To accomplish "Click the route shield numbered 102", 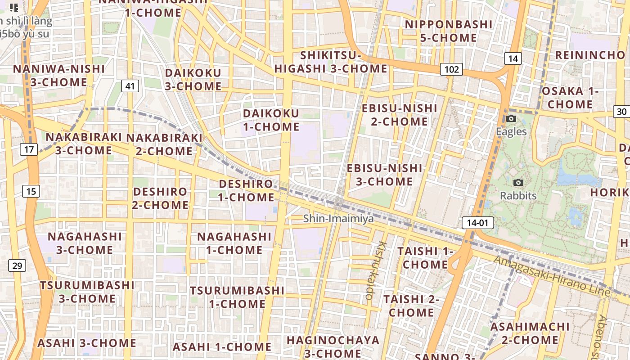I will click(x=451, y=69).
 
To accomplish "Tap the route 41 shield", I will click(x=130, y=86).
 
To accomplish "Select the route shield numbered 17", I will click(x=29, y=149).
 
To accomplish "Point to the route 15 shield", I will click(x=31, y=191).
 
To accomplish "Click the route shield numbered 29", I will click(x=17, y=265).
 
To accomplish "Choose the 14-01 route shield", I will click(x=477, y=222).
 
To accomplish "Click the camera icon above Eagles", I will click(x=511, y=119).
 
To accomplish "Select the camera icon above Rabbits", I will click(x=518, y=183).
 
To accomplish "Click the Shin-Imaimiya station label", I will click(x=338, y=219).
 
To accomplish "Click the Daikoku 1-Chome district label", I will click(x=271, y=120).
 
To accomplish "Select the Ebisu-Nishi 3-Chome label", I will click(x=385, y=175).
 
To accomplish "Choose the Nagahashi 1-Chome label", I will click(x=234, y=243).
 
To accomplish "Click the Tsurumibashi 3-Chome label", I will click(x=87, y=292).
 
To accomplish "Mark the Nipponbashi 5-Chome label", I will click(x=449, y=31).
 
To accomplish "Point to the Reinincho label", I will click(x=590, y=55).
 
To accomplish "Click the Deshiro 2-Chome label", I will click(x=160, y=198).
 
